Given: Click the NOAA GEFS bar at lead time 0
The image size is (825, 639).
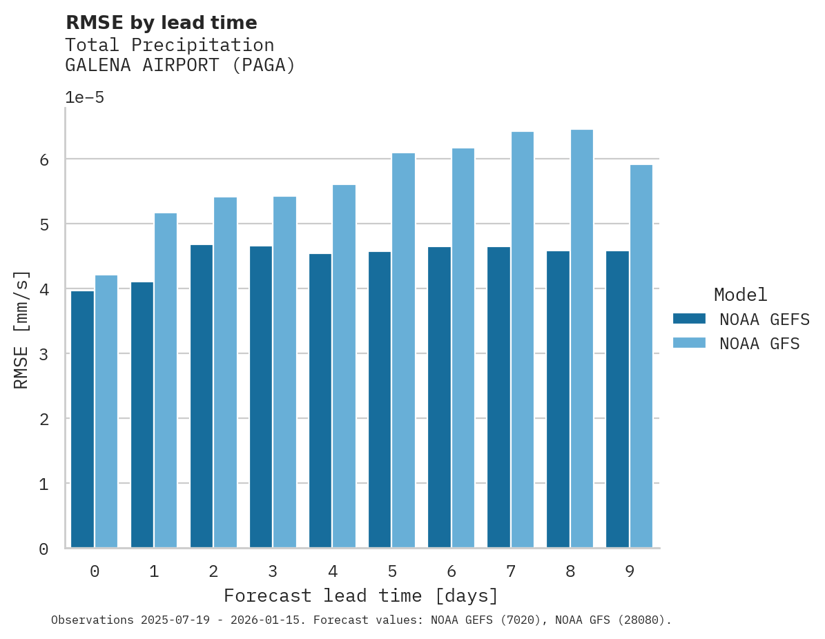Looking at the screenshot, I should point(82,420).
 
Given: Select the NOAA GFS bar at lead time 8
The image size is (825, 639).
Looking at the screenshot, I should point(582,339).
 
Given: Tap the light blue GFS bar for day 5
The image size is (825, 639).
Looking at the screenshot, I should point(404,351).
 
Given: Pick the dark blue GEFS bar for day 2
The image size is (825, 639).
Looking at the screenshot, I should point(202,396).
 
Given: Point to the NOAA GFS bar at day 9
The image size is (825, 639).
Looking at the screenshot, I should point(641,356).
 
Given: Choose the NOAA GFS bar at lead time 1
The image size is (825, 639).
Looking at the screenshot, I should point(166,380).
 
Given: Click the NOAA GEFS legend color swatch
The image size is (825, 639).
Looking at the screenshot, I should point(689,319).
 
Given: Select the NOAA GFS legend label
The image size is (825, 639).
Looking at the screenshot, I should point(759,344).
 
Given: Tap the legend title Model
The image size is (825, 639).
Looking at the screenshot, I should point(740,295).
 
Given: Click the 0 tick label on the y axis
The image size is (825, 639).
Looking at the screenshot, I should point(43,549).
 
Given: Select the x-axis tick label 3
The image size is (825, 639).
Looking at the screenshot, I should point(273,571).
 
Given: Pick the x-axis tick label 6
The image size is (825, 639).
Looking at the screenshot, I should point(452,571).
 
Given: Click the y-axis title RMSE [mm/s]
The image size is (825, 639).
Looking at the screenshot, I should point(22,329).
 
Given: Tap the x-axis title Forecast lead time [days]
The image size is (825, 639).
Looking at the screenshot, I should point(361,596).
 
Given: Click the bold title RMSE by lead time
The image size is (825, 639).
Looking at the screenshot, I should point(161,23).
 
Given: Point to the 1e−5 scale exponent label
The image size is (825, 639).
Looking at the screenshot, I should point(84,97).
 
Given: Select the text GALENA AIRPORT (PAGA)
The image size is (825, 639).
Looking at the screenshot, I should point(180,66).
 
